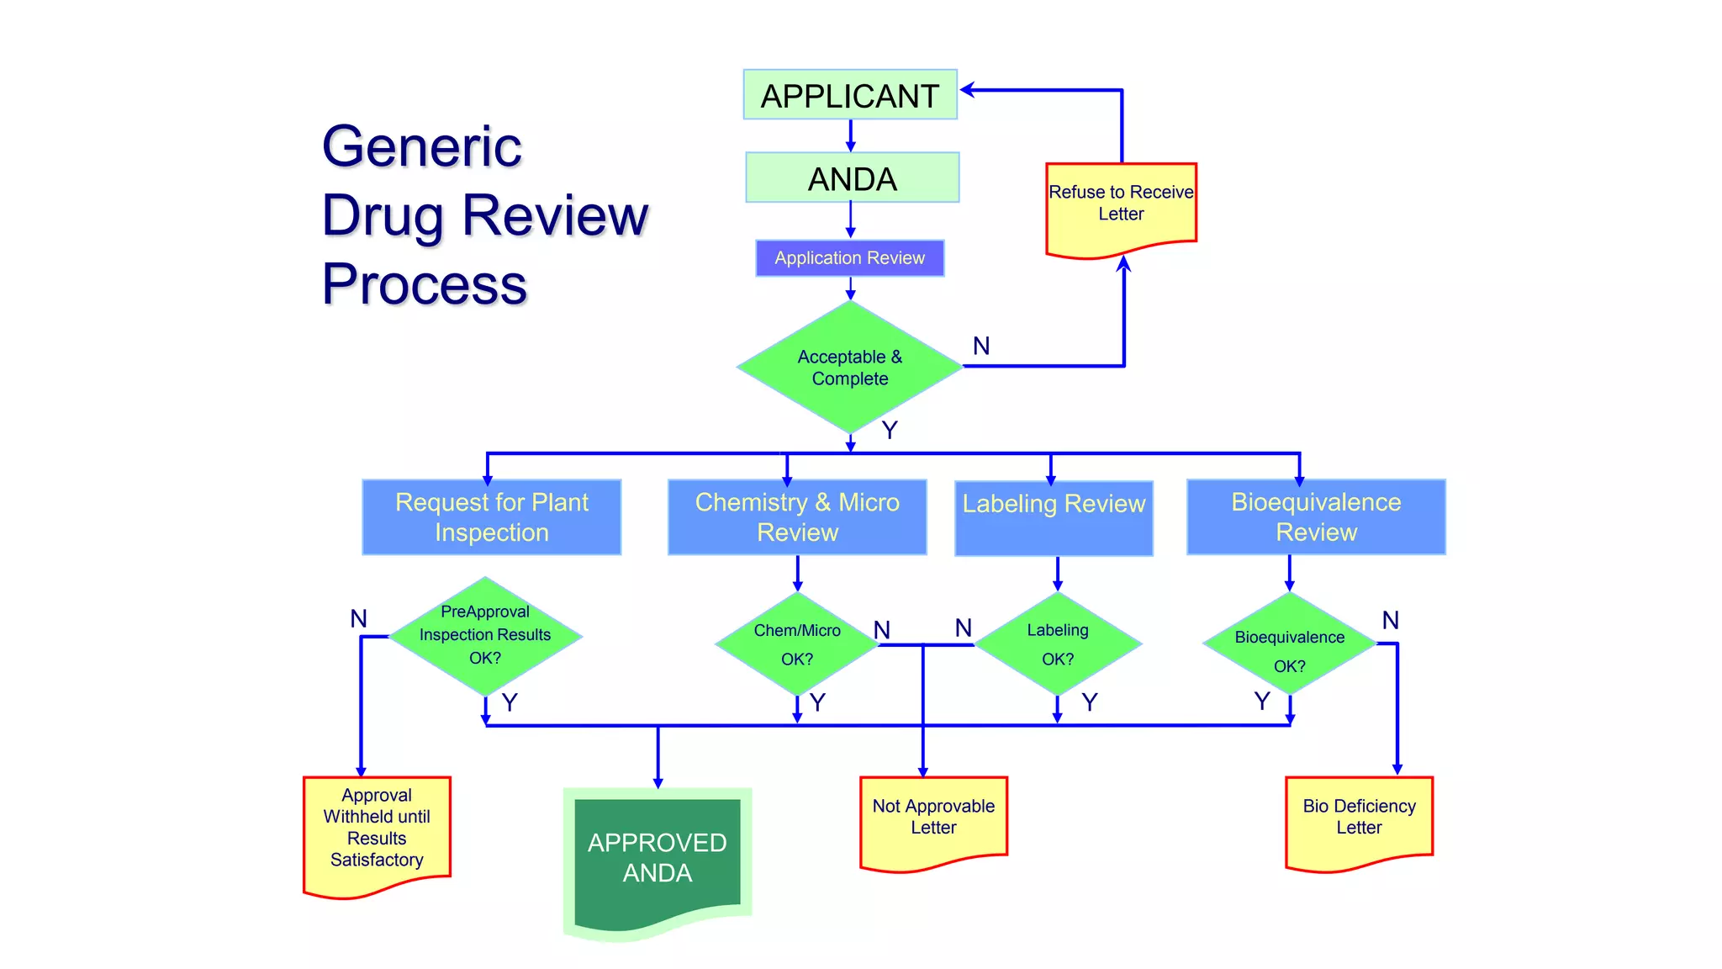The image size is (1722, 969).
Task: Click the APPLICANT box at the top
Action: point(849,95)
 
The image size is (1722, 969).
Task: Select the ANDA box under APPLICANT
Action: point(852,178)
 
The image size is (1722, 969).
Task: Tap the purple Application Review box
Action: point(849,258)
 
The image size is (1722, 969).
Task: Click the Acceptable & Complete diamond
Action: point(849,368)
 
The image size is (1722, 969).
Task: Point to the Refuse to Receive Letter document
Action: point(1121,206)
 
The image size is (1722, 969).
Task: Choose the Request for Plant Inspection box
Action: point(491,516)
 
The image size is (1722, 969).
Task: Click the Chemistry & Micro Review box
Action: point(797,516)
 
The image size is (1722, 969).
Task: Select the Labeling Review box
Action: point(1054,516)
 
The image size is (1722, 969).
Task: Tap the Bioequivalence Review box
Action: point(1316,516)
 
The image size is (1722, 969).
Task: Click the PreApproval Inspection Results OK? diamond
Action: point(485,636)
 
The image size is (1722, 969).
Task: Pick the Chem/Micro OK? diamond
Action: point(797,644)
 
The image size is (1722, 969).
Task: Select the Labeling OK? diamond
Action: point(1058,644)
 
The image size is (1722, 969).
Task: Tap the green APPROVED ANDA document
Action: point(657,858)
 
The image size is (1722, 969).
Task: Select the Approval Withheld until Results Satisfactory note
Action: point(377,829)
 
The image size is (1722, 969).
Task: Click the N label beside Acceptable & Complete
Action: point(981,346)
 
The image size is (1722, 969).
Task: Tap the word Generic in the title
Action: point(422,147)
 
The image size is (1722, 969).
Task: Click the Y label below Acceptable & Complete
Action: point(890,430)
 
